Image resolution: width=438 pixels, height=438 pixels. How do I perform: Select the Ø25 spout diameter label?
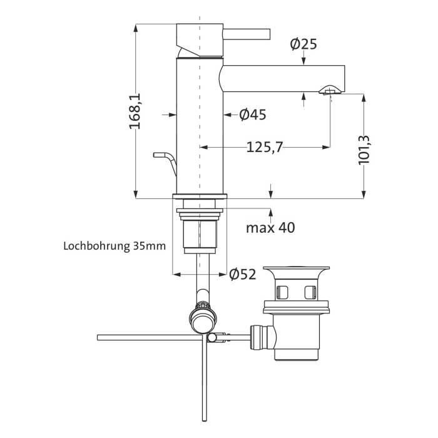(303, 44)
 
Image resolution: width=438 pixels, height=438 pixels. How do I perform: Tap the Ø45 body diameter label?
(253, 115)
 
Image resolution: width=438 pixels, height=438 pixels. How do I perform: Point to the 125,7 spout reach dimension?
(265, 147)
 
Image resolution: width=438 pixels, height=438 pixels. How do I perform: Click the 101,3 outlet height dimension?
(365, 150)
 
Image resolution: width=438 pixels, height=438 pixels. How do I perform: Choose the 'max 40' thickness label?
(270, 228)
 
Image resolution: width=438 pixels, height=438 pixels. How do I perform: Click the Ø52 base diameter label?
(243, 274)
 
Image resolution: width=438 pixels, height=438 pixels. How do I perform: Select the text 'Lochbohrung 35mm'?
(115, 246)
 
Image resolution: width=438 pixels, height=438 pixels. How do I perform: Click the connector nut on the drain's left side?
(258, 335)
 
